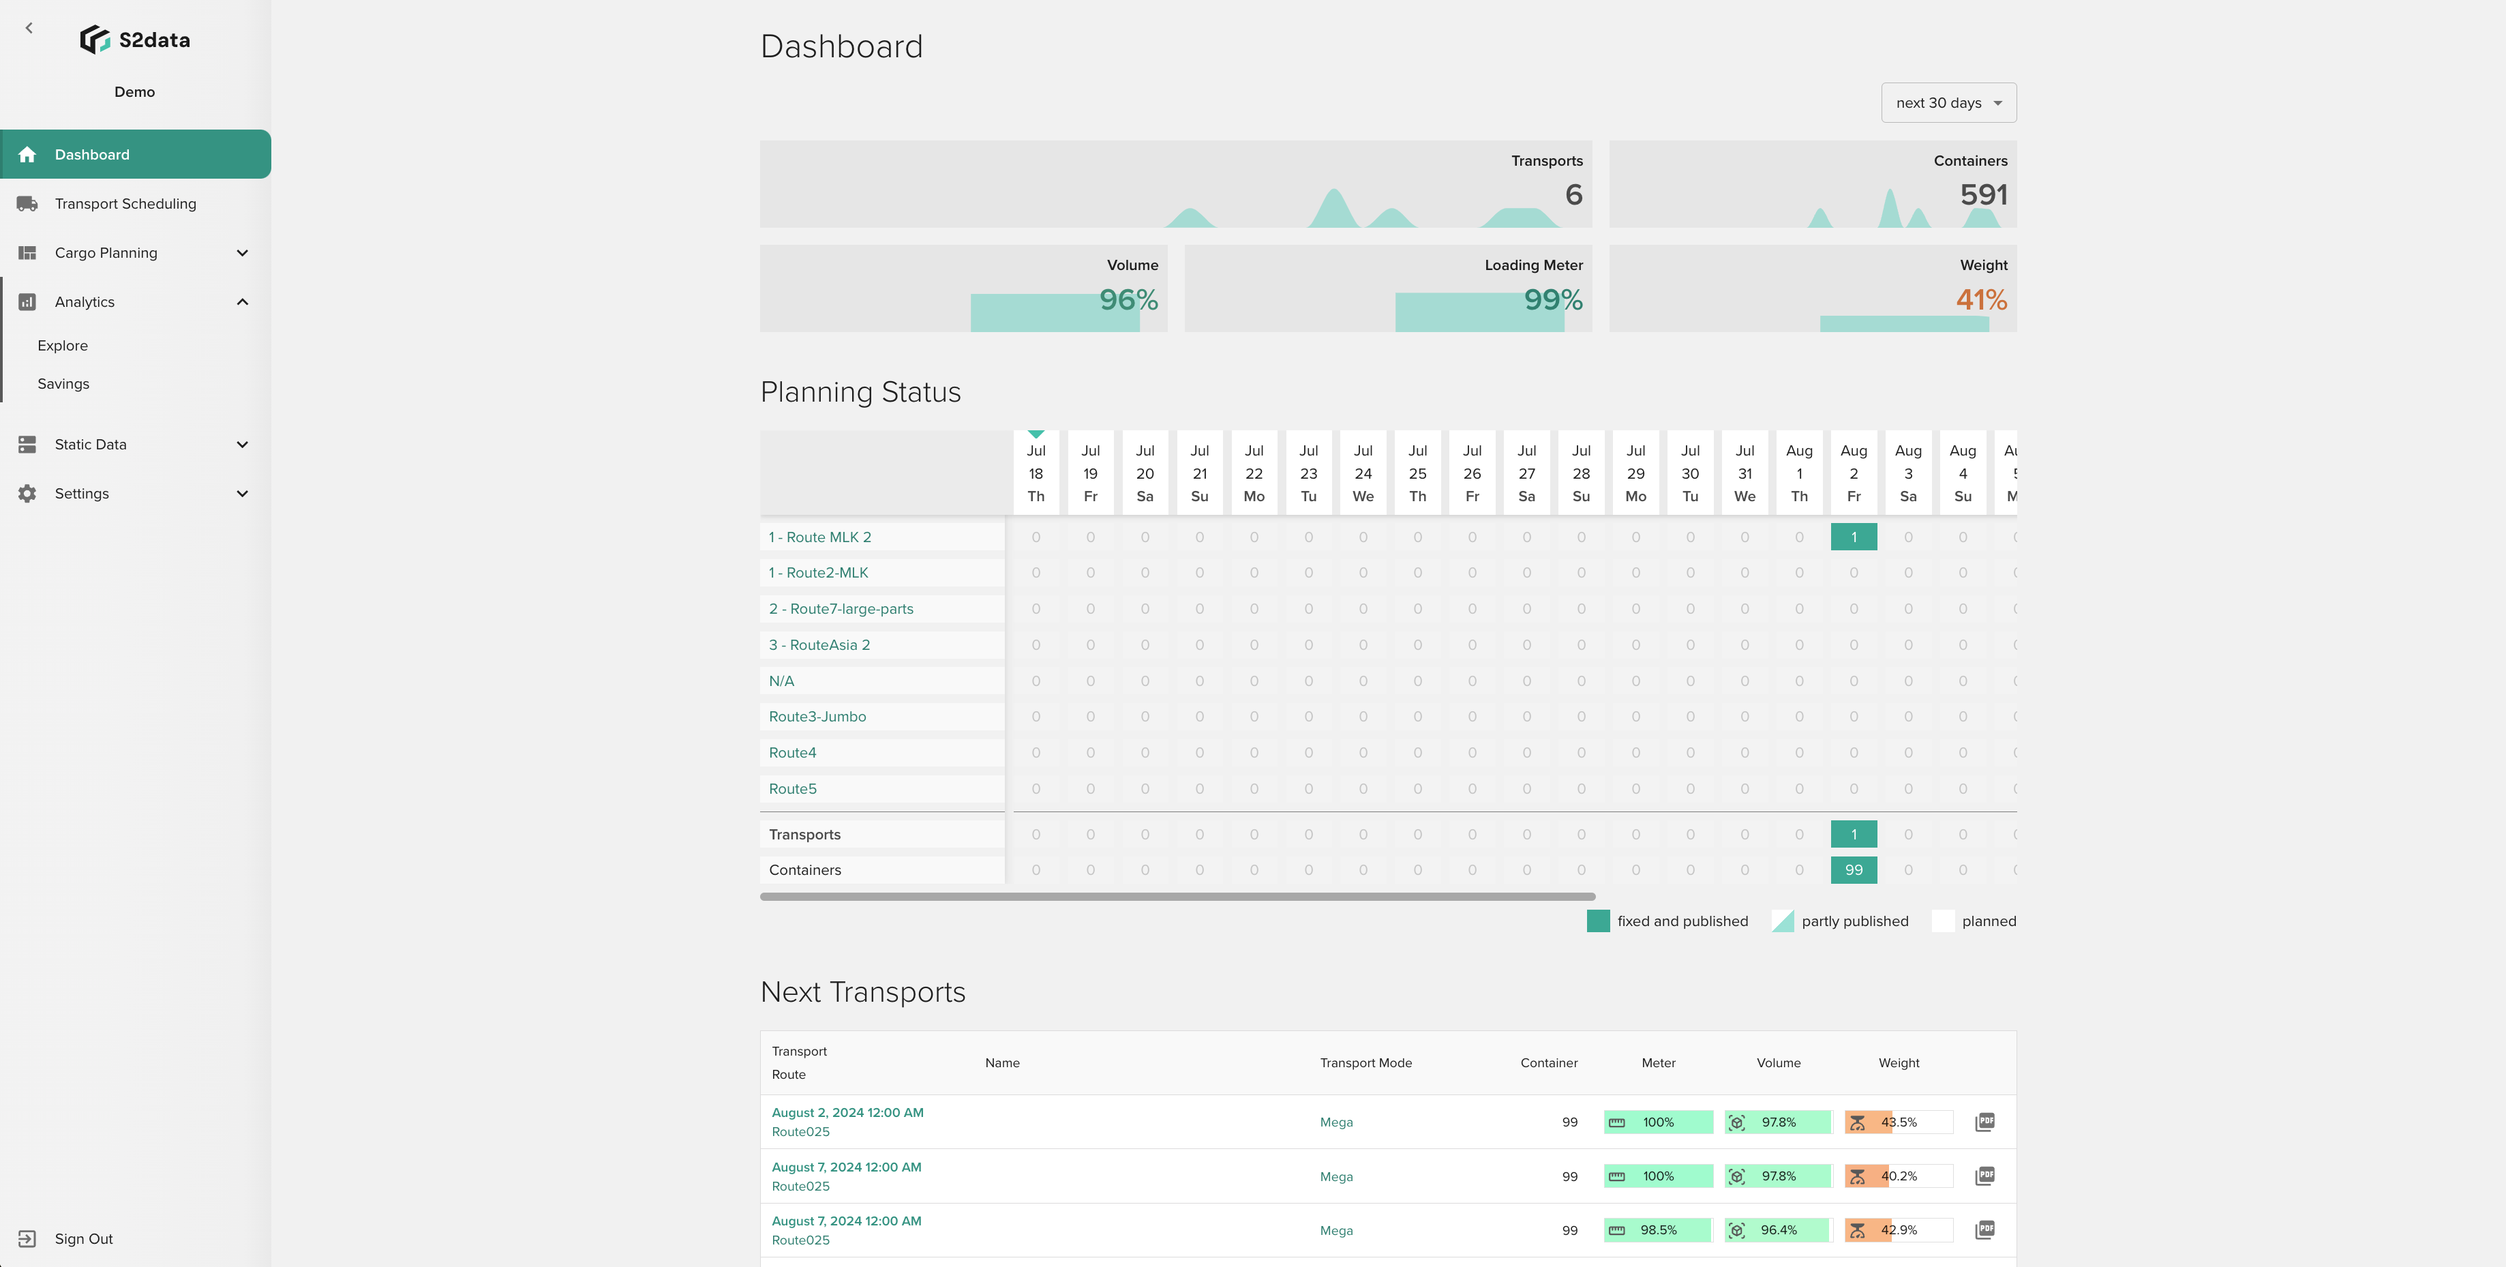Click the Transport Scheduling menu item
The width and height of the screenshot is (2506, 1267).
click(x=125, y=203)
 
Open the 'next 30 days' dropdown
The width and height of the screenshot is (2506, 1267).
click(x=1948, y=103)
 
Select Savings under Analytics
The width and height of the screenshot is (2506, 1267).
click(x=63, y=383)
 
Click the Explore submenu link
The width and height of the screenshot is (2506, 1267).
click(x=62, y=346)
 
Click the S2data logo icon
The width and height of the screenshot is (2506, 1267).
click(x=94, y=40)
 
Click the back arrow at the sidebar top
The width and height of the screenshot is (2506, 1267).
click(x=29, y=28)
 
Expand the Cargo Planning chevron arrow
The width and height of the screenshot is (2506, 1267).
click(x=242, y=253)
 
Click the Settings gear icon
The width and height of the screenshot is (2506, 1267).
click(x=27, y=494)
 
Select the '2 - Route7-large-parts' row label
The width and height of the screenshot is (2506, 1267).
click(x=841, y=609)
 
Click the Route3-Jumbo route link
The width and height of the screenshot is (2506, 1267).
click(x=817, y=716)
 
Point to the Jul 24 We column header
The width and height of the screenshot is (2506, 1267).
click(x=1363, y=474)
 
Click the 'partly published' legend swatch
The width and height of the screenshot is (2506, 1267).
click(x=1782, y=921)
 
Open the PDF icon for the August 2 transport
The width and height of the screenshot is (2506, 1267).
click(x=1984, y=1122)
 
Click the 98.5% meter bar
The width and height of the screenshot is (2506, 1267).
click(x=1658, y=1230)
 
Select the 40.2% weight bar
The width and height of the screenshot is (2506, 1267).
click(x=1898, y=1176)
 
